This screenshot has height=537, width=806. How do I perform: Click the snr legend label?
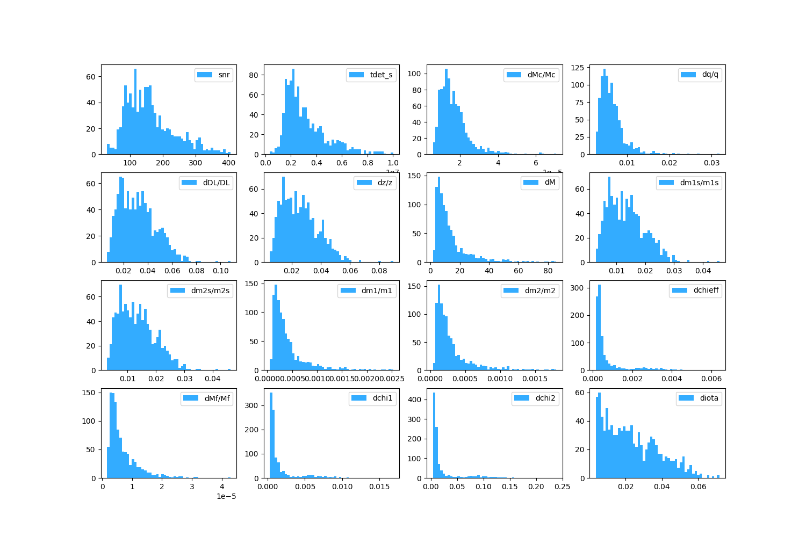click(224, 75)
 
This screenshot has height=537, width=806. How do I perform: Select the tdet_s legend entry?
click(381, 75)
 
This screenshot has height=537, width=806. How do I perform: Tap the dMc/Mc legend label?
click(541, 75)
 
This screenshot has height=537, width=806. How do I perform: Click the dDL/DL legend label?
click(216, 183)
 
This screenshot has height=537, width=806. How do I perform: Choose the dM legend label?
click(550, 183)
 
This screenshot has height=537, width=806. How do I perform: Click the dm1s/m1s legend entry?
click(699, 183)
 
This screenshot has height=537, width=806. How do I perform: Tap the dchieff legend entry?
click(706, 291)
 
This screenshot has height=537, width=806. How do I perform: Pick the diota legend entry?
click(709, 398)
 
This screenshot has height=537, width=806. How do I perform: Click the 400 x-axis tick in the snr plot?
click(228, 163)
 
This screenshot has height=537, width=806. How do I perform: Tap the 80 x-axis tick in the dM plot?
click(548, 271)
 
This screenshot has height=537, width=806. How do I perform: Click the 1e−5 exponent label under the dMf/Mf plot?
click(226, 496)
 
